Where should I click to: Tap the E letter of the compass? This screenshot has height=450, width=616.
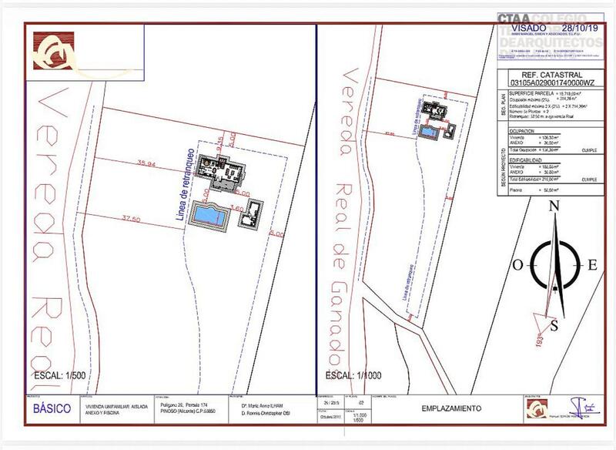click(592, 264)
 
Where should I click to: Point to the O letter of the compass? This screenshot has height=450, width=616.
click(518, 264)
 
